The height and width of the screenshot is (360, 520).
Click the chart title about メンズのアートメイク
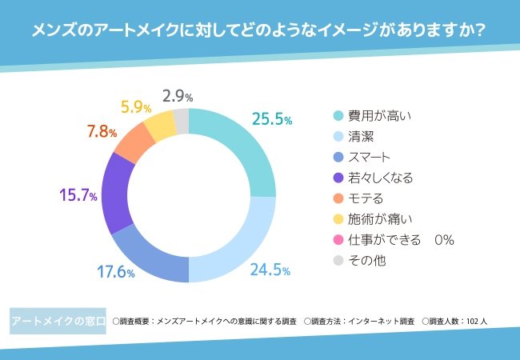coord(260,31)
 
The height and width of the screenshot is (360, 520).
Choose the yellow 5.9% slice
coord(159,124)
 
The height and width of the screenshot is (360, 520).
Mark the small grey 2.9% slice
coord(181,121)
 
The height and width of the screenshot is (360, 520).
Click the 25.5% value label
coord(271,119)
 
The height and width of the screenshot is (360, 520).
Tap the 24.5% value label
coord(270,270)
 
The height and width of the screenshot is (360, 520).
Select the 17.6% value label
coord(115,271)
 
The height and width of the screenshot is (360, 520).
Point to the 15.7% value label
coord(78,195)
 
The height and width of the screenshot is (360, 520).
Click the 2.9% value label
coord(177,97)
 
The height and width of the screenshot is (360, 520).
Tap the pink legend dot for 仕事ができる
coord(338,240)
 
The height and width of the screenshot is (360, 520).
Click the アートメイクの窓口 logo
coord(58,321)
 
